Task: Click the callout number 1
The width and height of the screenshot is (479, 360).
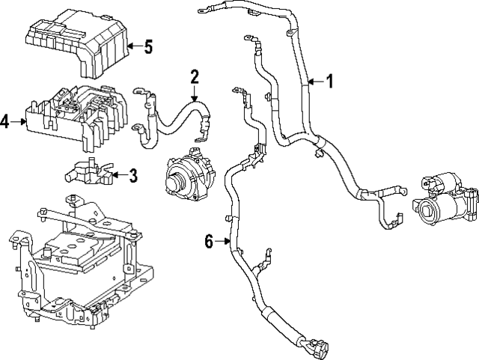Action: pyautogui.click(x=328, y=82)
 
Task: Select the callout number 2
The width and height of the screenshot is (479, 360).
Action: pyautogui.click(x=194, y=76)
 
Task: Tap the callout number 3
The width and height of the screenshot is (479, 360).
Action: pyautogui.click(x=133, y=176)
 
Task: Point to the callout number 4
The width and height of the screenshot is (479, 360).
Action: pyautogui.click(x=6, y=120)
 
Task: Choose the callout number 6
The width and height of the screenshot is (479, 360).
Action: pyautogui.click(x=209, y=240)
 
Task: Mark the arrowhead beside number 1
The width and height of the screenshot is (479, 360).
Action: pyautogui.click(x=310, y=82)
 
